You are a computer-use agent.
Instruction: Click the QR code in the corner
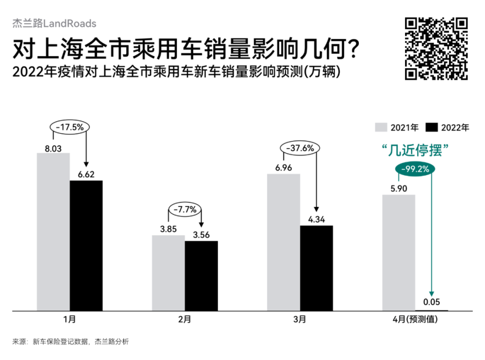[x=436, y=48]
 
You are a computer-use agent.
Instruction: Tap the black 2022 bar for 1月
[x=86, y=245]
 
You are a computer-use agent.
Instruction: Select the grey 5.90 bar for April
[x=399, y=252]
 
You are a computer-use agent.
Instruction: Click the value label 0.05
[x=432, y=302]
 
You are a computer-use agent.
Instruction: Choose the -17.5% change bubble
[x=69, y=127]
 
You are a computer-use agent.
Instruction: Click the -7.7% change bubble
[x=185, y=210]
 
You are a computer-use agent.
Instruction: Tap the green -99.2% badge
[x=415, y=169]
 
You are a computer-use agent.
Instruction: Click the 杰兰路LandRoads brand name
[x=54, y=23]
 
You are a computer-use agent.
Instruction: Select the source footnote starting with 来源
[x=70, y=342]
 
